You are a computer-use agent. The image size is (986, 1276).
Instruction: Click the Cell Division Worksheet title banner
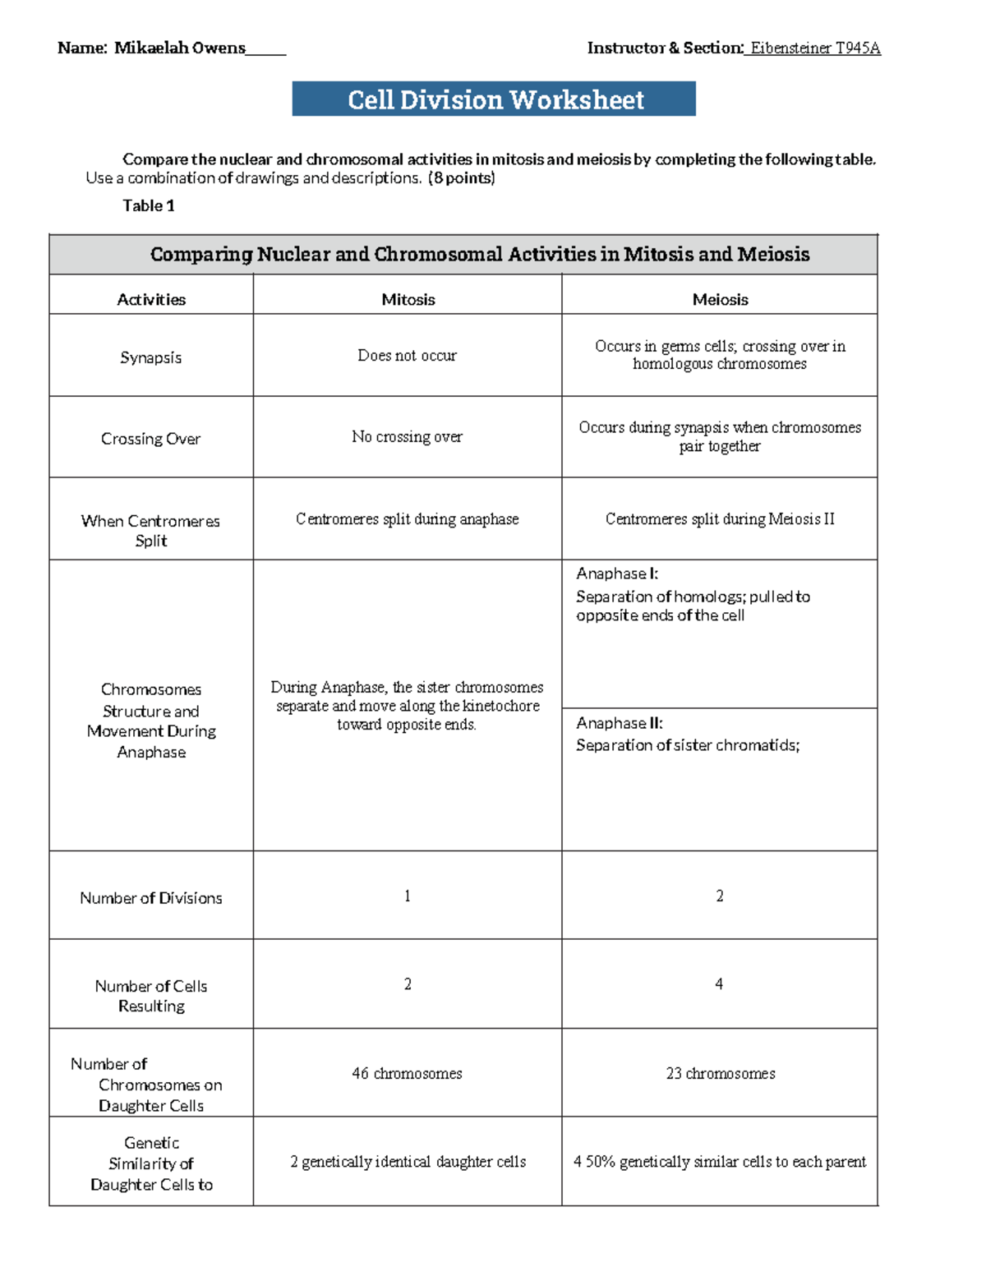[494, 99]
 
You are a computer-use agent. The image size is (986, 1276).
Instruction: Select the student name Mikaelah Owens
[179, 48]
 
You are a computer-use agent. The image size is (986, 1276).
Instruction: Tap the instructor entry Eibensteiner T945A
[814, 48]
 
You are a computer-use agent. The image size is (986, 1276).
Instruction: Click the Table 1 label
[148, 205]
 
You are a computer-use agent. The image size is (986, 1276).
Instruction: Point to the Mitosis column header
[408, 300]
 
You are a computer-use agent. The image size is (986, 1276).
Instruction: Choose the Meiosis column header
[720, 300]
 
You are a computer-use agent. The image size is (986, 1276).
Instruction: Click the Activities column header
[151, 300]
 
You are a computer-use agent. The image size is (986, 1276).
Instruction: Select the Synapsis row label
[150, 357]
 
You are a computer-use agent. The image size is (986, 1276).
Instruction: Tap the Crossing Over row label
[150, 439]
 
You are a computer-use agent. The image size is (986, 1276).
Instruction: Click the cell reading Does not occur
[407, 356]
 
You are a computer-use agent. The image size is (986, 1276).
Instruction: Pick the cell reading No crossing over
[407, 437]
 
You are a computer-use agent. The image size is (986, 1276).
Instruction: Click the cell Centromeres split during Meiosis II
[720, 519]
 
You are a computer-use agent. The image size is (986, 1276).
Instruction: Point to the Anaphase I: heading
[617, 574]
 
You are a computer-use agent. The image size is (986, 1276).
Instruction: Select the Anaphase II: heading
[620, 723]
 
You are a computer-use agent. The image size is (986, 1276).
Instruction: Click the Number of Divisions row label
[150, 898]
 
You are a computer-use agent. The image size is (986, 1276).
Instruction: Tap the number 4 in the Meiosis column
[719, 983]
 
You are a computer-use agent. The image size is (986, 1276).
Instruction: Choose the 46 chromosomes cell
[407, 1074]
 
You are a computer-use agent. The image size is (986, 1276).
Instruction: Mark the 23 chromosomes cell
[720, 1074]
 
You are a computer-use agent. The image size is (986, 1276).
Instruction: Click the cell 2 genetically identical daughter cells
[408, 1162]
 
